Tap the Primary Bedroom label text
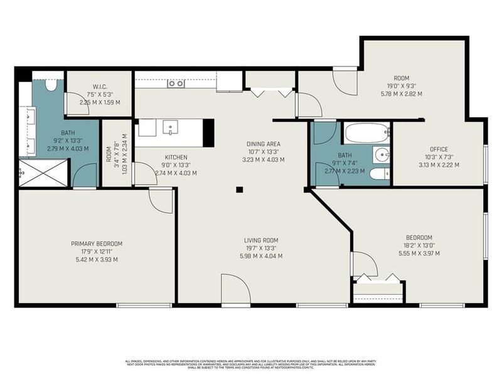point(96,244)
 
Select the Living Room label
point(262,240)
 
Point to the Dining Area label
point(263,144)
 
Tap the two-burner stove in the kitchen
point(176,83)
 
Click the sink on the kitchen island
point(171,128)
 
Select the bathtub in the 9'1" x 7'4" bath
point(366,133)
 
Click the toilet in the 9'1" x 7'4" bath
point(378,174)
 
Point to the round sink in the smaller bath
point(380,154)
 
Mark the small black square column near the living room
point(239,189)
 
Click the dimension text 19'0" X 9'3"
point(402,87)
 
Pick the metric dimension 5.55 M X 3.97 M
point(419,253)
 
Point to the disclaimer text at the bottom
point(251,364)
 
